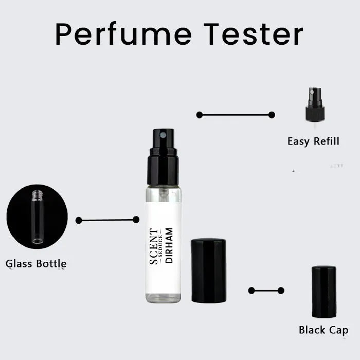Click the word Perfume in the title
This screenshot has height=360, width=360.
pyautogui.click(x=123, y=34)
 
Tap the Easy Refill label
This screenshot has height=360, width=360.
pyautogui.click(x=313, y=141)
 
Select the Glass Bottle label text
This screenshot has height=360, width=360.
pyautogui.click(x=36, y=264)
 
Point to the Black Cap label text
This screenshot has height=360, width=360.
pyautogui.click(x=323, y=330)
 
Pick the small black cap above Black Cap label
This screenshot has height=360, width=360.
pyautogui.click(x=324, y=292)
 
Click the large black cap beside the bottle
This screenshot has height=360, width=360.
pyautogui.click(x=208, y=270)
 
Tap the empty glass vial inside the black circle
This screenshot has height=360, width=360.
pyautogui.click(x=37, y=217)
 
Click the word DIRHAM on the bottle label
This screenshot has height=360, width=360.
pyautogui.click(x=169, y=246)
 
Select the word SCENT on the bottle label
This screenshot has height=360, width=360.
pyautogui.click(x=154, y=246)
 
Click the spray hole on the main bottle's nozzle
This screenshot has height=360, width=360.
pyautogui.click(x=163, y=135)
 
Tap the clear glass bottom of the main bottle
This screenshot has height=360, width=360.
pyautogui.click(x=163, y=297)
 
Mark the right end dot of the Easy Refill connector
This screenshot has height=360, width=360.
pyautogui.click(x=272, y=115)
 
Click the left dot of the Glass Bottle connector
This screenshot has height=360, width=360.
pyautogui.click(x=79, y=220)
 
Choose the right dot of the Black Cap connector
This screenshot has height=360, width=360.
pyautogui.click(x=281, y=291)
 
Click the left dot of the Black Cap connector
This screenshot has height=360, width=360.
pyautogui.click(x=251, y=291)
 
